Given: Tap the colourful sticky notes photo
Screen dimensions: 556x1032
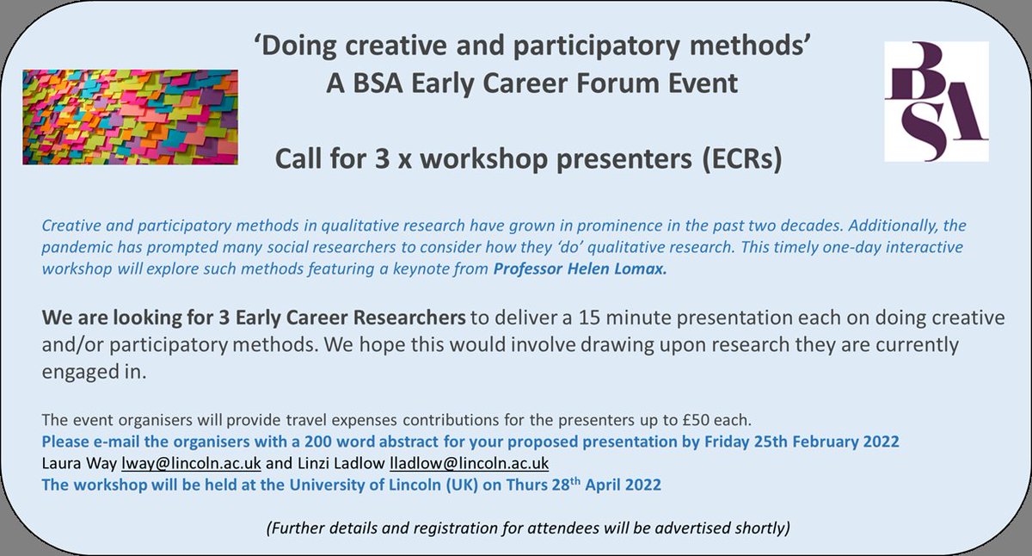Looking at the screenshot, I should click(131, 116).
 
